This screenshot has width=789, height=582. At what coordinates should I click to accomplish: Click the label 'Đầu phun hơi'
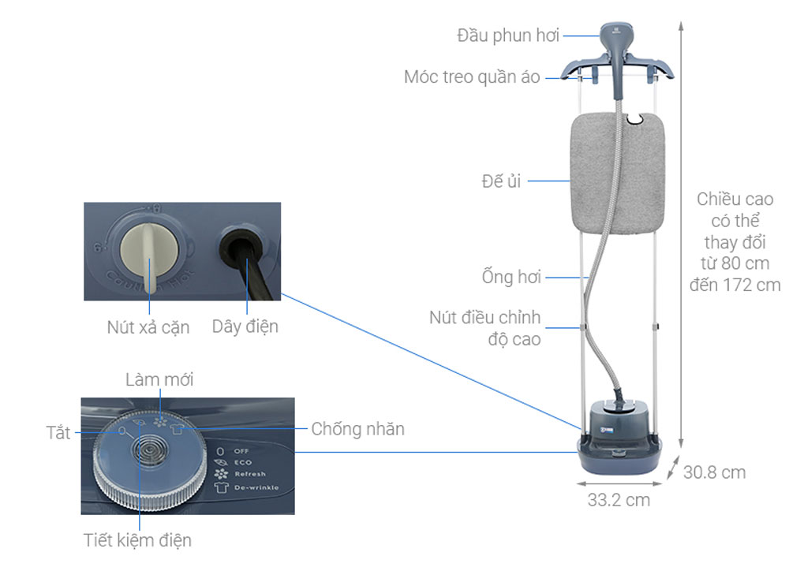[x=508, y=35]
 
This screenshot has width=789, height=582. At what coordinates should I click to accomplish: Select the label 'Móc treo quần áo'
[x=472, y=77]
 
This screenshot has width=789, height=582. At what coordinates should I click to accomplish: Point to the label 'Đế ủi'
[x=501, y=181]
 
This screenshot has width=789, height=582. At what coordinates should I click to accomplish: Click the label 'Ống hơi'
[x=510, y=278]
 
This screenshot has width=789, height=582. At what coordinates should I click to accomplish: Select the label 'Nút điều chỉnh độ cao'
[x=485, y=328]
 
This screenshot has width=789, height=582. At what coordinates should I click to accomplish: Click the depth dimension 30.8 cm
[x=714, y=472]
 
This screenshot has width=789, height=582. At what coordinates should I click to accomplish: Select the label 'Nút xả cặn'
[x=148, y=327]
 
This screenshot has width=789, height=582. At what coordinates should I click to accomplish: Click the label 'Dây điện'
[x=245, y=326]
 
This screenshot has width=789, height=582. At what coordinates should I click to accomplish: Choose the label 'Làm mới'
[x=159, y=380]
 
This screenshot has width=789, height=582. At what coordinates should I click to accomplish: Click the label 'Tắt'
[x=58, y=433]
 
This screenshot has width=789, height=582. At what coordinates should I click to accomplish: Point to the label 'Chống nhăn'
[x=357, y=429]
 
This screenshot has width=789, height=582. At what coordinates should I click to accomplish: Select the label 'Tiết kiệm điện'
[x=137, y=540]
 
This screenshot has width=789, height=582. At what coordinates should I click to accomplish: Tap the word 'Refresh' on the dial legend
[x=250, y=475]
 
